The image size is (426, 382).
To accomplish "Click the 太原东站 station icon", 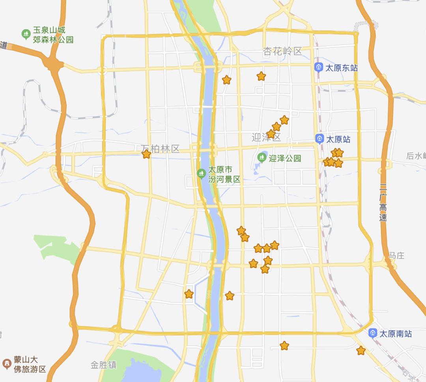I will click(319, 67).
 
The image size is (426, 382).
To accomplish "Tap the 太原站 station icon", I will click(319, 139).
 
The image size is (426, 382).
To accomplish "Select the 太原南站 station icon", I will click(372, 333).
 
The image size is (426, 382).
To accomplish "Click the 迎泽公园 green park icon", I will click(261, 158).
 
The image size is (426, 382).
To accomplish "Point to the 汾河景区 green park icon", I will click(201, 173).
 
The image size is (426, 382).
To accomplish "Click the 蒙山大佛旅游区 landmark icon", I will click(7, 364).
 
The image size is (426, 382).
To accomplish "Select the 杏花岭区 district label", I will click(282, 51).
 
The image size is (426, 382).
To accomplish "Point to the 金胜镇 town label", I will click(103, 365).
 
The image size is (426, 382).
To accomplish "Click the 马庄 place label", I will click(396, 256).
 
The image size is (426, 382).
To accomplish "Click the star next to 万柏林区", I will click(146, 154).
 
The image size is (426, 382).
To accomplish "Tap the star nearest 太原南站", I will click(361, 350).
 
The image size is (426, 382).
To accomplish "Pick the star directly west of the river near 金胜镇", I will click(189, 294).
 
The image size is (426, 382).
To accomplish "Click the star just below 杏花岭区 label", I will click(261, 76).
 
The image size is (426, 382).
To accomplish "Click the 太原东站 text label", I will click(342, 68).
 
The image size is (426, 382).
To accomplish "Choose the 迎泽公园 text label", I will click(285, 158).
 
